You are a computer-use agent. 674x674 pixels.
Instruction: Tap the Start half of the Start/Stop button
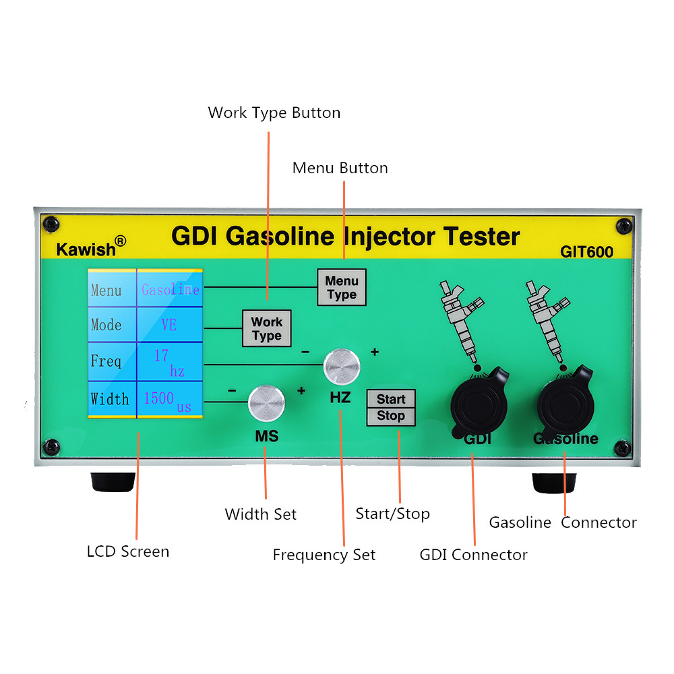pos(391,399)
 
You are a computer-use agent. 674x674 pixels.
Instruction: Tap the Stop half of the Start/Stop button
pos(391,417)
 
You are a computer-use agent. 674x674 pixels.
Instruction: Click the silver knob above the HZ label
pos(342,365)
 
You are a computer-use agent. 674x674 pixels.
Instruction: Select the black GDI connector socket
pos(479,400)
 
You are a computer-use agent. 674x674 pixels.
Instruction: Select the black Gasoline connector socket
pos(566,402)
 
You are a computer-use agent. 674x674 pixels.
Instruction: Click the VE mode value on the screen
pos(168,325)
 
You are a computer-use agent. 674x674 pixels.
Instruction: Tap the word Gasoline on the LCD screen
pos(170,290)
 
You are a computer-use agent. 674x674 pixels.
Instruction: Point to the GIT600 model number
pos(586,252)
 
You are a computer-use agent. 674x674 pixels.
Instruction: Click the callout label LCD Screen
pos(128,551)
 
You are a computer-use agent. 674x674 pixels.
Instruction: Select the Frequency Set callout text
pos(324,555)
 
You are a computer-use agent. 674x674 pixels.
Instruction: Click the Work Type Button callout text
pos(274,113)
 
